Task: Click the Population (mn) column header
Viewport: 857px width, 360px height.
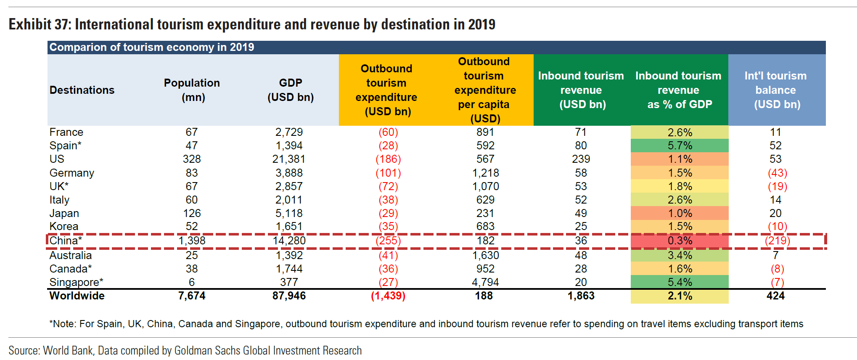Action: pos(192,90)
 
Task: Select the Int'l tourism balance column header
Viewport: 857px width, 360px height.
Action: pos(776,90)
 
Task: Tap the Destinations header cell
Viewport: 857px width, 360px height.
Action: pos(82,90)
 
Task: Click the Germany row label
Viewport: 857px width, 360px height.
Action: pos(72,173)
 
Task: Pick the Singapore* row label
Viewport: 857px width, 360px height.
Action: pos(76,282)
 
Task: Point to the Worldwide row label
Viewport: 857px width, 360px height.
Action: pos(77,296)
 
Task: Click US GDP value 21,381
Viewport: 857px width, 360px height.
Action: pos(289,159)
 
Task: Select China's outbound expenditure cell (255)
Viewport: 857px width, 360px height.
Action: pos(388,241)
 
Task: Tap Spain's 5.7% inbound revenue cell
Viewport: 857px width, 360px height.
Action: pos(680,146)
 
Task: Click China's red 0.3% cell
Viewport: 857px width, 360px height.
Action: pos(680,241)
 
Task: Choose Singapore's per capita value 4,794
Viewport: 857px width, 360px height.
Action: pos(485,282)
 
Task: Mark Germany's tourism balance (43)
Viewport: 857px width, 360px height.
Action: pos(777,173)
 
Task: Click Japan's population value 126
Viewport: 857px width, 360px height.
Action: pos(192,213)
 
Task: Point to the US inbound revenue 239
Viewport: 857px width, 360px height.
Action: pos(581,159)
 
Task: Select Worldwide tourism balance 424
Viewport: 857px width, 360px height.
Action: pos(775,296)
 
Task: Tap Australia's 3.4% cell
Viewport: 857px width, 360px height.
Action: pos(680,255)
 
